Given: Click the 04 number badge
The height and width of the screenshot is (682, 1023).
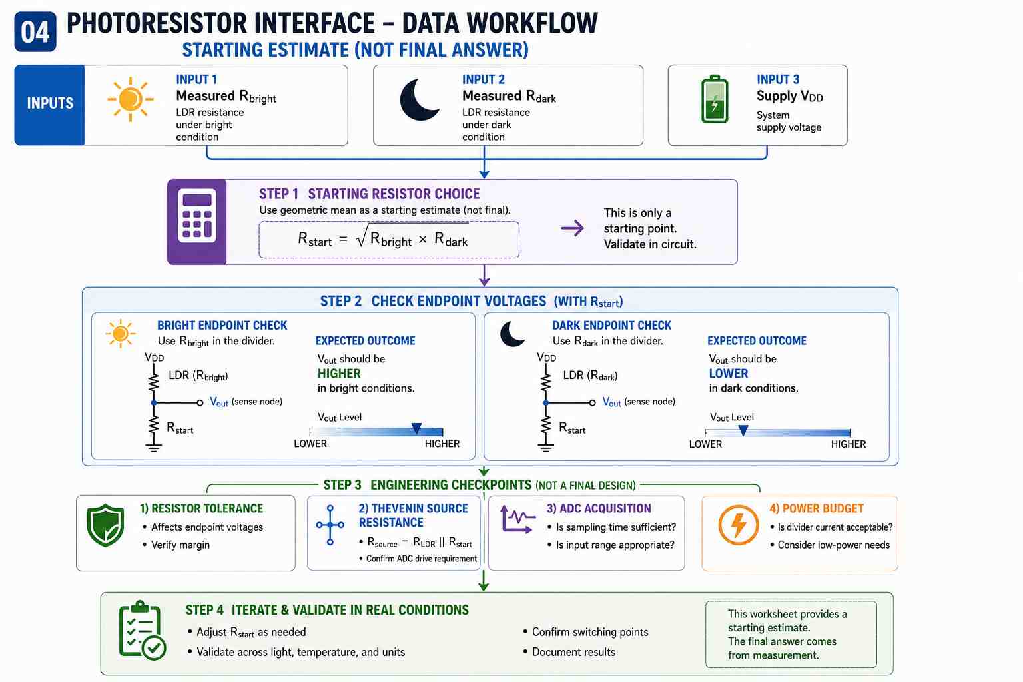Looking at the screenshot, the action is click(x=35, y=31).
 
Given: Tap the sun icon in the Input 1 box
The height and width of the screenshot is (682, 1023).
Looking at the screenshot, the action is click(x=130, y=99).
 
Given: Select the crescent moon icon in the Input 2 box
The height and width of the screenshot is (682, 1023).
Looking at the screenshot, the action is click(x=419, y=100).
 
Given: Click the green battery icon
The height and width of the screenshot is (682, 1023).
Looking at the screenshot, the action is click(x=715, y=99).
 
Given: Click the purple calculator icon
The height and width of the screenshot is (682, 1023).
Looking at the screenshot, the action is click(x=197, y=222).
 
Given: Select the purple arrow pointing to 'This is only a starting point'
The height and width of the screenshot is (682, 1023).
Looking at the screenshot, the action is click(x=572, y=228).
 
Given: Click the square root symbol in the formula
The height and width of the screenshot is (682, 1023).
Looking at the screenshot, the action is click(x=362, y=236).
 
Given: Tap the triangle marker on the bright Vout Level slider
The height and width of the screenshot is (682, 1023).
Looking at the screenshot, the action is click(x=416, y=428).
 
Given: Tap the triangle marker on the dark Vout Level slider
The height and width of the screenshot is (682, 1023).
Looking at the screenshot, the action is click(x=743, y=430).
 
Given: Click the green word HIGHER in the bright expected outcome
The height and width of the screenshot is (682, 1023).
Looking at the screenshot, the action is click(x=339, y=374).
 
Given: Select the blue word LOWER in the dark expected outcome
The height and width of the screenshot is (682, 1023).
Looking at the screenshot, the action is click(x=729, y=374).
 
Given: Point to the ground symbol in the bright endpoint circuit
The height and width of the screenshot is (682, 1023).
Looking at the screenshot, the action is click(x=153, y=447).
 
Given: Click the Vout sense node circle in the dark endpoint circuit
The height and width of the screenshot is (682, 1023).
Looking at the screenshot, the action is click(x=592, y=402).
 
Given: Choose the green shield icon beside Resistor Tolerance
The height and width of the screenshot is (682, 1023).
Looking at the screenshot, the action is click(x=105, y=525).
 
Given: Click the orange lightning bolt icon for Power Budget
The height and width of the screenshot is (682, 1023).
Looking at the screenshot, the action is click(x=738, y=525).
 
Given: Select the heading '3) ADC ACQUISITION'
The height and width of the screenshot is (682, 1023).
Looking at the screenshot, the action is click(x=599, y=508).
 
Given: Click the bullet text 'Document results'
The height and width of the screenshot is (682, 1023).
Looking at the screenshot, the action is click(x=573, y=652).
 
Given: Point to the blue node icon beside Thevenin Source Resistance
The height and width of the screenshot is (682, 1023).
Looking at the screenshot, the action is click(x=330, y=525).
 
